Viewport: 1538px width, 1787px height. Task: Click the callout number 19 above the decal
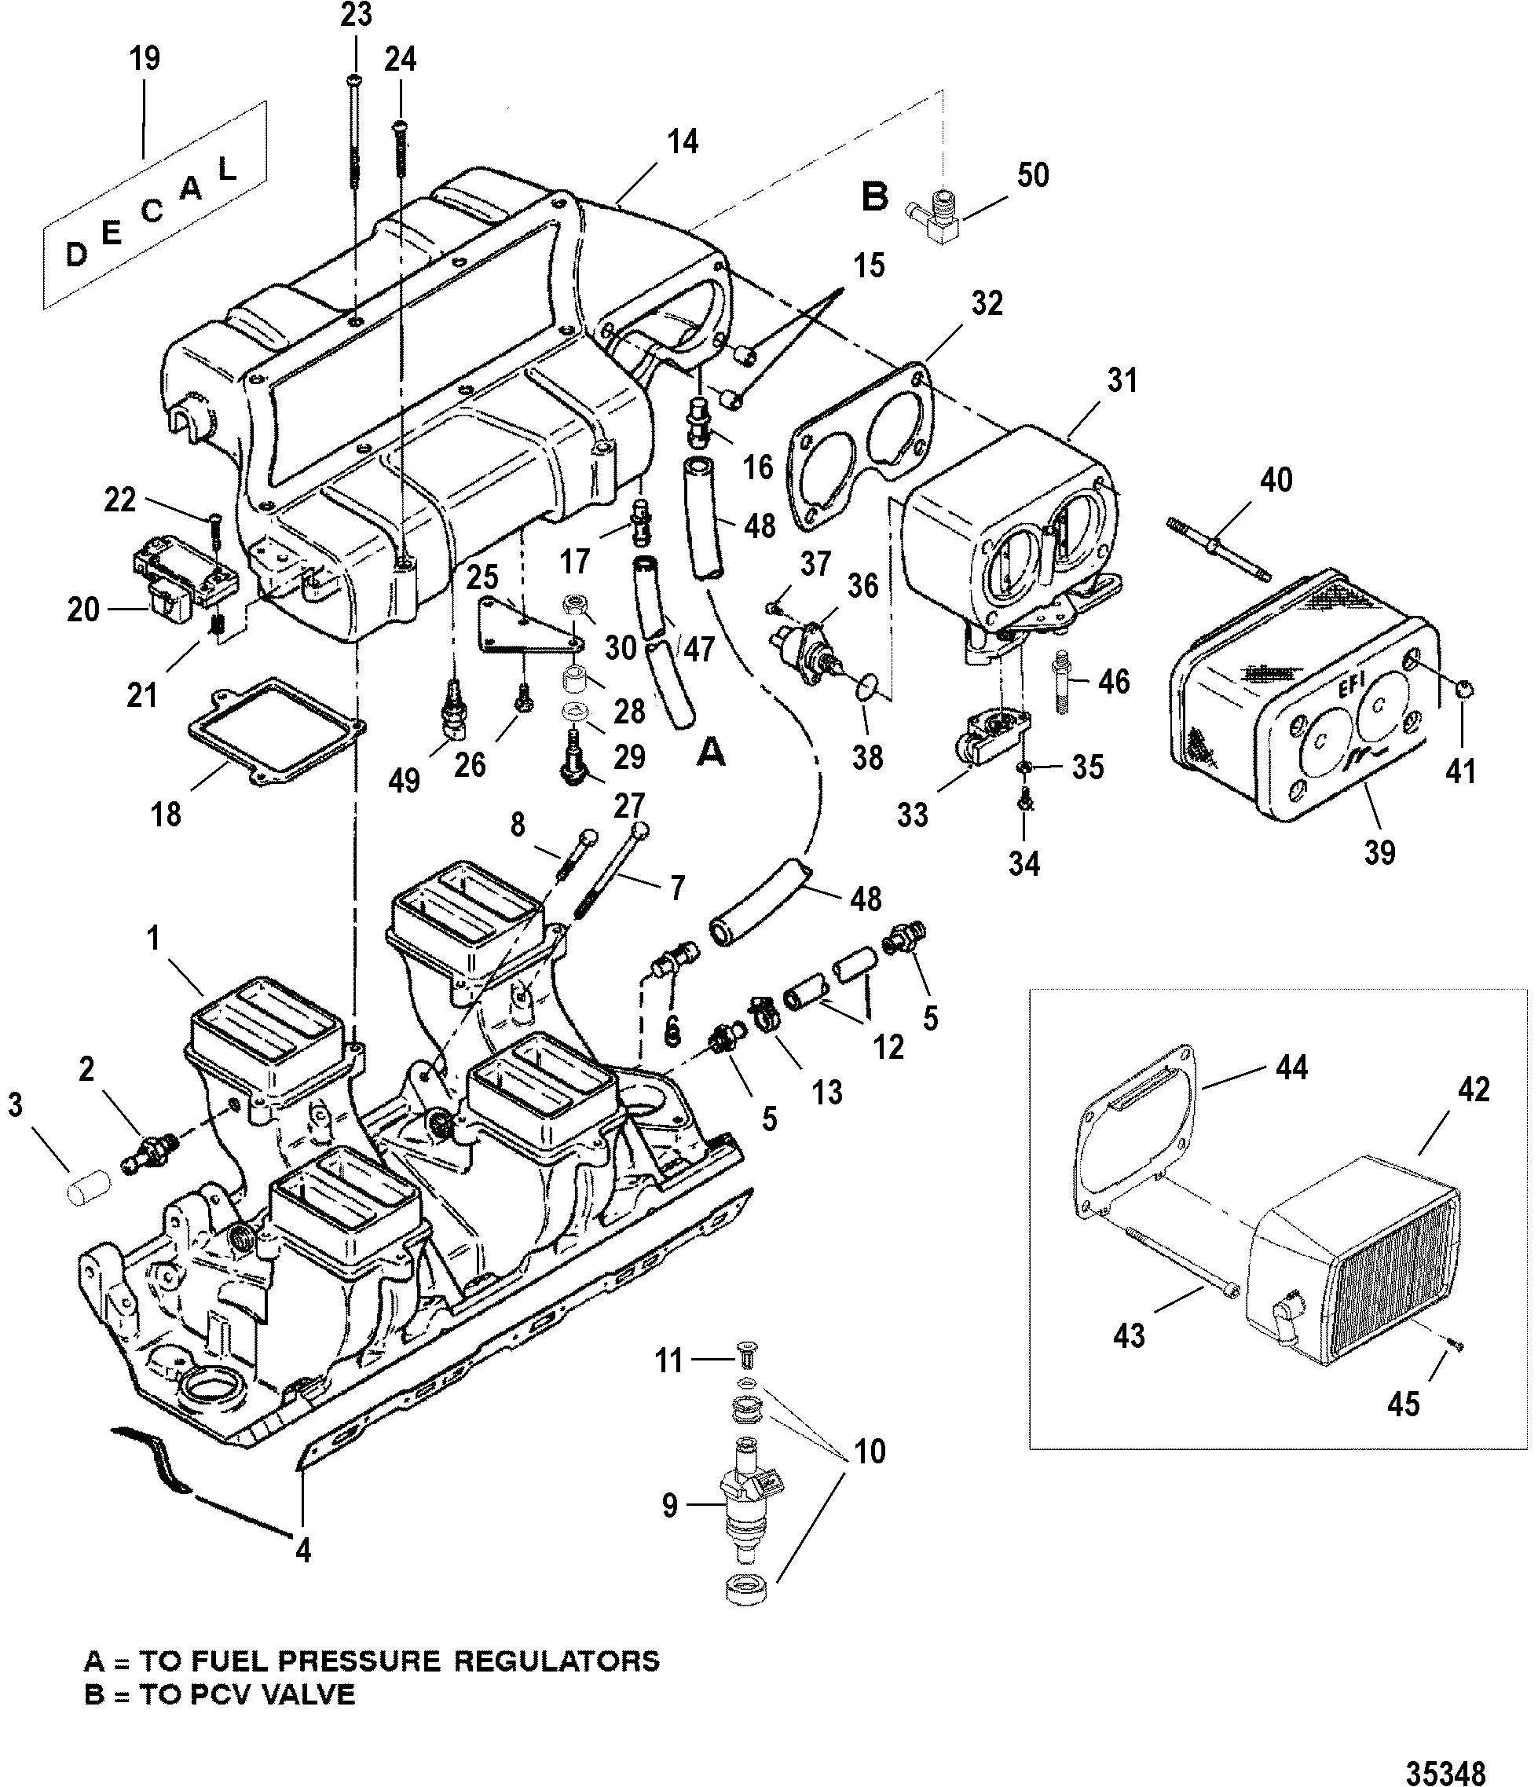144,60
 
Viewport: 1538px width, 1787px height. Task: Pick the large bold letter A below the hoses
710,753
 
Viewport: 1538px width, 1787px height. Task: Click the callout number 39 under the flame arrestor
1379,852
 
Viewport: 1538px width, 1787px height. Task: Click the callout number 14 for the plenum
683,141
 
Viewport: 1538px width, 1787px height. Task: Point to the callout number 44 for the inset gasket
1291,1067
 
